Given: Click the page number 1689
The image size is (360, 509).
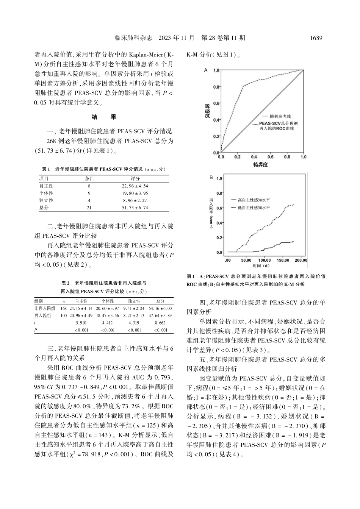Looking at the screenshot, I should (316, 38).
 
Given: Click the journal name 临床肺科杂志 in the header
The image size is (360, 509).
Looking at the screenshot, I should (133, 38).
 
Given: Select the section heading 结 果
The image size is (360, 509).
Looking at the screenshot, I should (104, 117).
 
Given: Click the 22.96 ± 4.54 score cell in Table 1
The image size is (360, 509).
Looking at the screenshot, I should (135, 186).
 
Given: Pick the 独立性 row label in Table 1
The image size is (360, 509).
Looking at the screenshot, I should (46, 200).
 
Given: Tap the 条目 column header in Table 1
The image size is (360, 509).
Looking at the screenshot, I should (89, 179).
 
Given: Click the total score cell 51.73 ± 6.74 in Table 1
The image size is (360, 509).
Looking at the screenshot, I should (135, 208).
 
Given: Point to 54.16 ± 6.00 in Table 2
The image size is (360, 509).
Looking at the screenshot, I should (160, 308).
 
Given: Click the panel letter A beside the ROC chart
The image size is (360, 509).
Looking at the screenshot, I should (206, 70).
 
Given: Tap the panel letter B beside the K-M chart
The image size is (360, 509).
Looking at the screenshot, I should (211, 177).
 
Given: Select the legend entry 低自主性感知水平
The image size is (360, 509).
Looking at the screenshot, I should (254, 208).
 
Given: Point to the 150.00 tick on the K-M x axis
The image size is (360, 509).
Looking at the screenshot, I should (283, 260).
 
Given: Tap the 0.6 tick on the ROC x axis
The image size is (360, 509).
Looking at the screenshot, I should (270, 157).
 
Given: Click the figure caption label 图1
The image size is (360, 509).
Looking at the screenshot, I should (191, 276).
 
